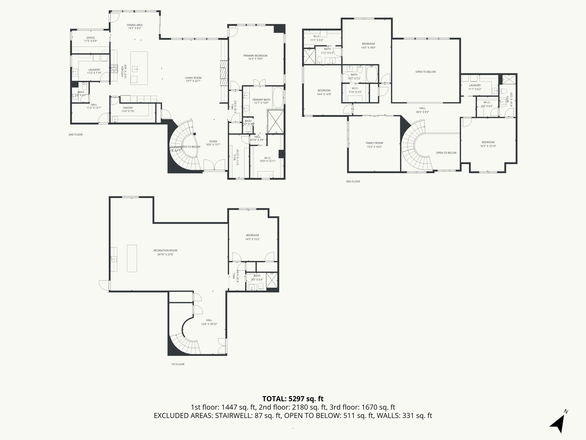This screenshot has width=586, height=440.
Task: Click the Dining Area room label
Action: [134, 25]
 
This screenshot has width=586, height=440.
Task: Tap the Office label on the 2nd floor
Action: [90, 38]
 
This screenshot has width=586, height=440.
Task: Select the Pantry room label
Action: [128, 108]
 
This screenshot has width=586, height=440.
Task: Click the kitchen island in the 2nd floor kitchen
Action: [139, 68]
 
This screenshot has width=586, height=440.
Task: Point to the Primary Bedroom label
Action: [255, 56]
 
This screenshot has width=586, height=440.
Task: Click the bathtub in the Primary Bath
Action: [278, 97]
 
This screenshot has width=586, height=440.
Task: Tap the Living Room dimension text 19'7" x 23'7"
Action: [193, 81]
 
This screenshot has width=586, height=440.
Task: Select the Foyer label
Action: [213, 142]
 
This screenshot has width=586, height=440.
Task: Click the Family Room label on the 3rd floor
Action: [374, 143]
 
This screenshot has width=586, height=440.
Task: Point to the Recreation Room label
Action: [165, 250]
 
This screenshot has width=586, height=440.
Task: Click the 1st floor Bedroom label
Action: [252, 235]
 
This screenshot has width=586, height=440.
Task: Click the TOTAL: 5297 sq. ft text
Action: [293, 398]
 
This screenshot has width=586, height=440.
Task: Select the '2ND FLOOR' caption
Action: [76, 135]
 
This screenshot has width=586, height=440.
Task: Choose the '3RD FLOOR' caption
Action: [353, 182]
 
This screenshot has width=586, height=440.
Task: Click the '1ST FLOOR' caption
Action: [178, 364]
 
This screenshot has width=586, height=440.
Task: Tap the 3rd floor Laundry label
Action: [475, 85]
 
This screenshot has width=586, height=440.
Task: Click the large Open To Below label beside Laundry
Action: [425, 72]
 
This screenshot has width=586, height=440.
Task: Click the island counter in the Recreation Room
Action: [132, 258]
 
